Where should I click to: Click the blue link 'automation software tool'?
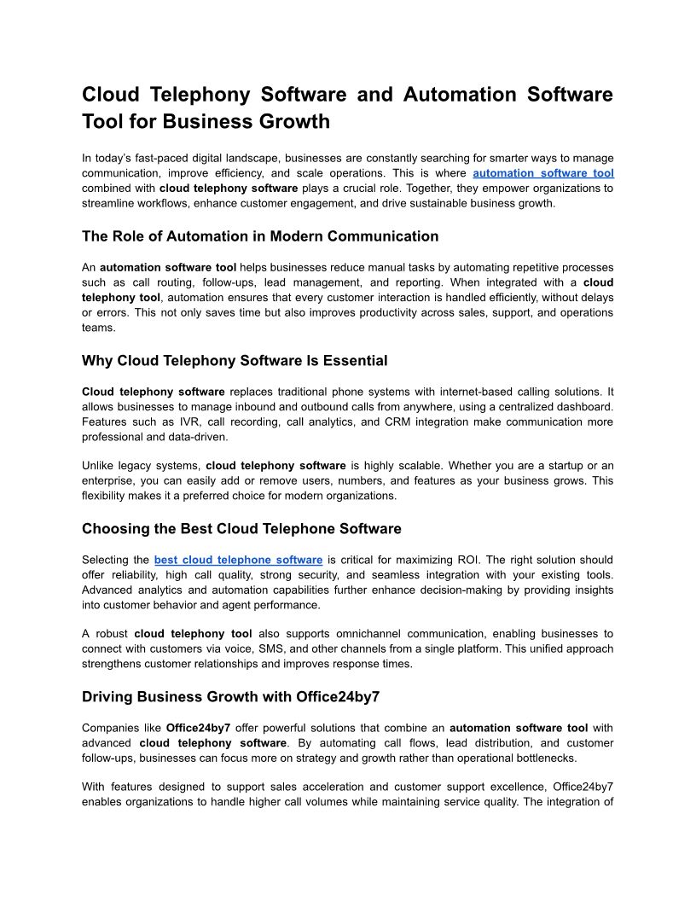click(x=542, y=172)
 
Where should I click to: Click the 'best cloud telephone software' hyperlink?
click(x=238, y=560)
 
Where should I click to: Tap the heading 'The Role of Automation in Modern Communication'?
click(x=260, y=236)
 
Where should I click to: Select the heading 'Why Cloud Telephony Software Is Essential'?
click(x=235, y=360)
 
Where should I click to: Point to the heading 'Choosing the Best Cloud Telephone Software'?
click(x=241, y=529)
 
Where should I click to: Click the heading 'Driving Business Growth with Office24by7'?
click(x=230, y=696)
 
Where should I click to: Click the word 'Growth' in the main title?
click(x=287, y=121)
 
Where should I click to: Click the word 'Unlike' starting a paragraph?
click(x=98, y=466)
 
